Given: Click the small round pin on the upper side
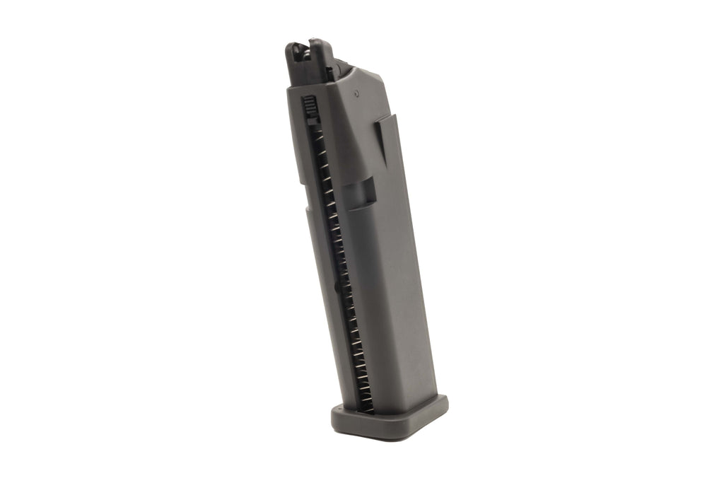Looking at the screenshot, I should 357,91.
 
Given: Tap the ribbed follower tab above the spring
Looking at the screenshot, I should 309,108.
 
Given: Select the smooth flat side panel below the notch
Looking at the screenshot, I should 389,297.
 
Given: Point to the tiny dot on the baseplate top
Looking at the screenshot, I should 339,408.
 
